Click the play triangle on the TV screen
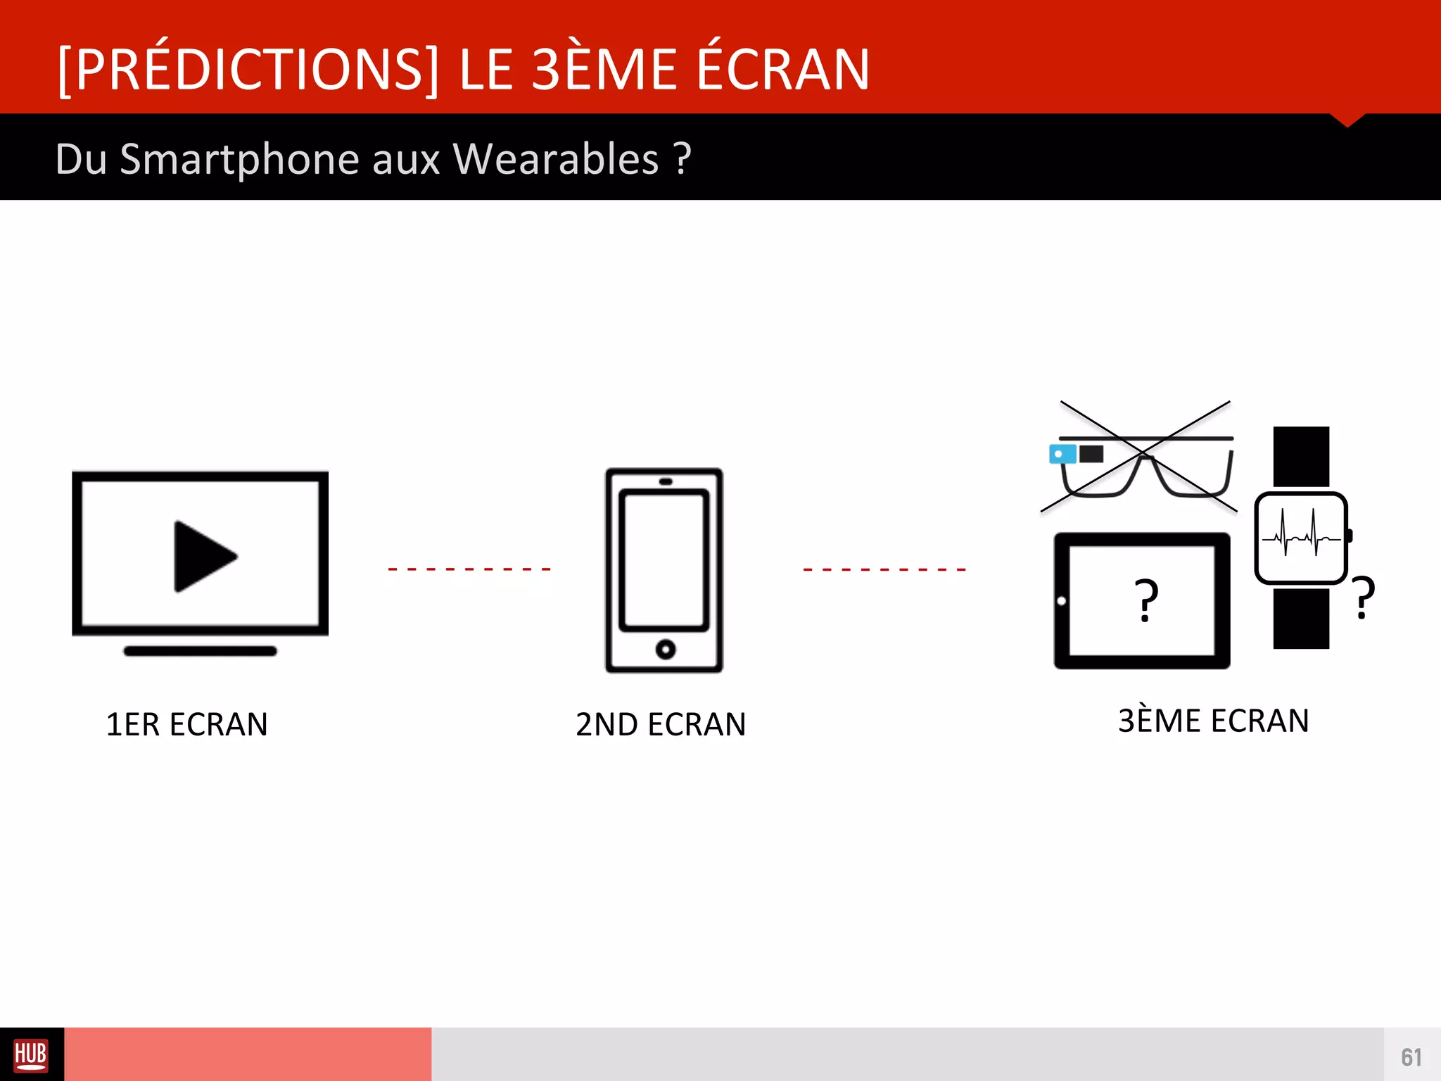coord(203,556)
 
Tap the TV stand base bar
coord(201,651)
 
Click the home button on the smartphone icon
coord(665,649)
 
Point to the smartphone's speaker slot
coord(665,481)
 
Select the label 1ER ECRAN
coord(186,724)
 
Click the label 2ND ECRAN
coord(661,724)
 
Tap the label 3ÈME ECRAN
coord(1213,721)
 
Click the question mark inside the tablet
coord(1146,600)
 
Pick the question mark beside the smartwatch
coord(1364,597)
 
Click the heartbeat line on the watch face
coord(1300,538)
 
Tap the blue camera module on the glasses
coord(1062,454)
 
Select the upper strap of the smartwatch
coord(1301,456)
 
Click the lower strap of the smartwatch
coord(1301,619)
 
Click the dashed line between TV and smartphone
coord(469,569)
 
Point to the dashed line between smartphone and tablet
coord(884,569)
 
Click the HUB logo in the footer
coord(31,1055)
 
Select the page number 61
coord(1411,1057)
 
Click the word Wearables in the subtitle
coord(556,159)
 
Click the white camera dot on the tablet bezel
coord(1061,601)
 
